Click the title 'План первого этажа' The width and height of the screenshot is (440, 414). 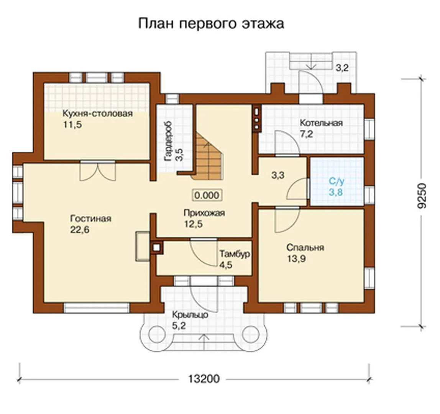pos(211,24)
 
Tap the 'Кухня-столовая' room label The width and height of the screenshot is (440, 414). pos(97,114)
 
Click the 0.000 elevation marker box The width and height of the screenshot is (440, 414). pos(207,195)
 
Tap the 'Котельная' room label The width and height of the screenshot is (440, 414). pos(321,123)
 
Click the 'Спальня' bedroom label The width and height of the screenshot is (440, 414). pos(305,248)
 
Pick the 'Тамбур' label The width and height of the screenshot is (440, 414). pos(235,254)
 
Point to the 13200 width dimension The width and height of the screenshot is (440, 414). pos(204,379)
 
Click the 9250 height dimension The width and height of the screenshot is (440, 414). pos(422,195)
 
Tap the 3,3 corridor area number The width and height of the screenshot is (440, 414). pos(278,175)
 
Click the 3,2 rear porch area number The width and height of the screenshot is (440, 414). pos(342,67)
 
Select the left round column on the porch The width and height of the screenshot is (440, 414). pos(157,335)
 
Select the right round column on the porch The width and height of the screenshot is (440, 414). pos(250,335)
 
